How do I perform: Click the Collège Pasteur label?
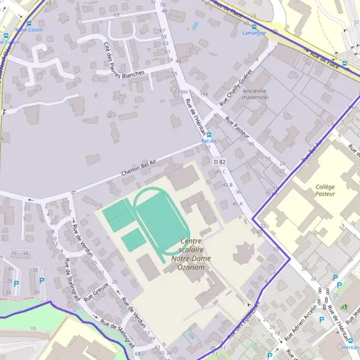point(325,190)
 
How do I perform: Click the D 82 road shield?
point(220,162)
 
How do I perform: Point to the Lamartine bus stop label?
point(254,33)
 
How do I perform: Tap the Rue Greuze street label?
point(96,291)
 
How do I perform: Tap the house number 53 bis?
point(181,91)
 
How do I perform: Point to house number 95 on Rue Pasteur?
point(251,145)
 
